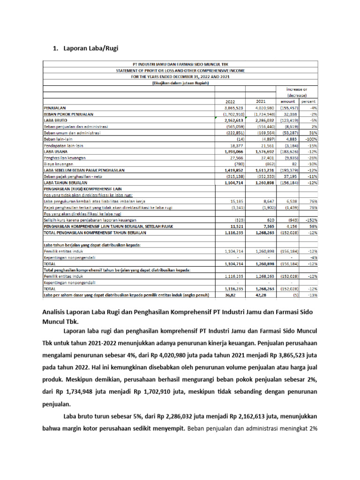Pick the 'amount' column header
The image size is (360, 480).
(x=288, y=101)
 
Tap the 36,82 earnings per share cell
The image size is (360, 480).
(x=236, y=295)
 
